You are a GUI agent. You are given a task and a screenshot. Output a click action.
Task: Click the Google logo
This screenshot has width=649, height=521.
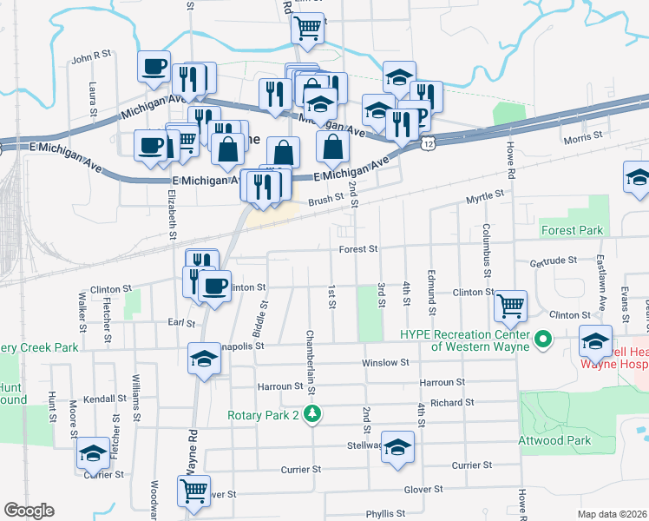coord(29,511)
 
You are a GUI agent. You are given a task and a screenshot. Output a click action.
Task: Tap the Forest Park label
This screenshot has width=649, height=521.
coord(571,231)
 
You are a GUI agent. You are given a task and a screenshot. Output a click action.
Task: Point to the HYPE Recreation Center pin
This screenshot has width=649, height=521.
coord(544,339)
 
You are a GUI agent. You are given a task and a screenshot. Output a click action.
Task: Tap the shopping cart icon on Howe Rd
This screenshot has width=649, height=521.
coord(511,305)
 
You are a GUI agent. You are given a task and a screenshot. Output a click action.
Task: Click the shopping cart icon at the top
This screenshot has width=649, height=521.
coord(307,29)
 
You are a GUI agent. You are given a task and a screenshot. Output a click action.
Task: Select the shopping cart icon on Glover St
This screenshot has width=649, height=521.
coord(193,490)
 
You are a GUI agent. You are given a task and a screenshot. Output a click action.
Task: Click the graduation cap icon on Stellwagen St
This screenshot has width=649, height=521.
coord(397,447)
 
